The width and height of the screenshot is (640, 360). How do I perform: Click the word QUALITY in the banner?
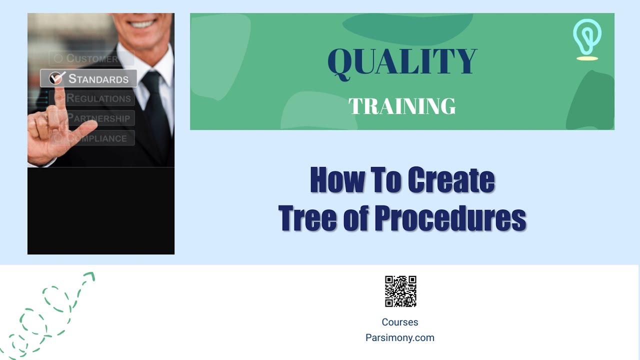click(x=402, y=62)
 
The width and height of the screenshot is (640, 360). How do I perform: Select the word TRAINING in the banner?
click(x=402, y=106)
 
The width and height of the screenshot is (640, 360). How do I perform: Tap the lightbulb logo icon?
click(x=587, y=39)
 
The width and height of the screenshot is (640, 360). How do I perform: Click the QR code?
click(x=400, y=291)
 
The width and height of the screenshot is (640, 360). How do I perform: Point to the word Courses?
click(x=400, y=322)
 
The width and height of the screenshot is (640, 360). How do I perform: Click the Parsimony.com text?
click(x=400, y=338)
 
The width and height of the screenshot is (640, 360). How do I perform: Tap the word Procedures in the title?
click(x=450, y=218)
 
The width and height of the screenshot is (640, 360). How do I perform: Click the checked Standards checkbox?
click(x=56, y=78)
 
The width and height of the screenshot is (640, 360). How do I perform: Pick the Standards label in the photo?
click(x=98, y=79)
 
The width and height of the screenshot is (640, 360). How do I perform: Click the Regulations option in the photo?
click(x=98, y=98)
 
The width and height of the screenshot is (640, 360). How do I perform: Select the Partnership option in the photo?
click(x=98, y=118)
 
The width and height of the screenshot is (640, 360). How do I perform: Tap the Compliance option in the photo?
click(x=97, y=138)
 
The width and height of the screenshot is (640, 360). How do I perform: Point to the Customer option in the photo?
click(x=92, y=58)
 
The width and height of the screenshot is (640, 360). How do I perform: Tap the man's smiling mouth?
click(x=143, y=23)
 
